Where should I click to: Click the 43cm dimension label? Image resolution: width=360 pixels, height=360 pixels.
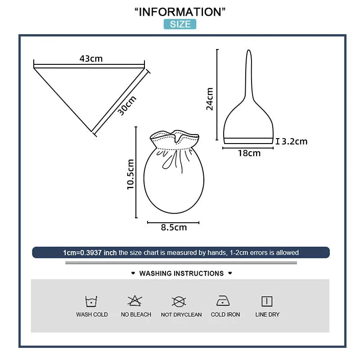pyautogui.click(x=91, y=59)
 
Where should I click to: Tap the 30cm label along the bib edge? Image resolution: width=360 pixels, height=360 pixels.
pyautogui.click(x=127, y=105)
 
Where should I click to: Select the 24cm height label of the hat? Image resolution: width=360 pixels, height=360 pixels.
pyautogui.click(x=210, y=99)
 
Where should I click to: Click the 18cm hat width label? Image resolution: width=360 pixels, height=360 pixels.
pyautogui.click(x=249, y=153)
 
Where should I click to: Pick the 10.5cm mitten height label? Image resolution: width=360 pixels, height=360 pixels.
pyautogui.click(x=130, y=174)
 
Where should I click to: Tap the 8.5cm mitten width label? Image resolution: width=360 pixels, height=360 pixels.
pyautogui.click(x=174, y=227)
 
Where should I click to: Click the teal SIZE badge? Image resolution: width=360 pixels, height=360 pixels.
pyautogui.click(x=180, y=24)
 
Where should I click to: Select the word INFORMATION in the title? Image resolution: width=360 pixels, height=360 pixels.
pyautogui.click(x=180, y=12)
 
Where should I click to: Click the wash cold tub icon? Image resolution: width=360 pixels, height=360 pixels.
pyautogui.click(x=91, y=301)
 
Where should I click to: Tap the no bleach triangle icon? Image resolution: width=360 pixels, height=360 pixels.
pyautogui.click(x=135, y=301)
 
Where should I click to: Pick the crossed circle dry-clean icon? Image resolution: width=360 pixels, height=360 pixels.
pyautogui.click(x=179, y=301)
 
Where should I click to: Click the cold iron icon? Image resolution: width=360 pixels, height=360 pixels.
pyautogui.click(x=223, y=301)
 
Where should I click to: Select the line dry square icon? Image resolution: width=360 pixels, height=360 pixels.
pyautogui.click(x=267, y=301)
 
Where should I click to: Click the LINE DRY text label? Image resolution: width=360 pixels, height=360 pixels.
pyautogui.click(x=267, y=314)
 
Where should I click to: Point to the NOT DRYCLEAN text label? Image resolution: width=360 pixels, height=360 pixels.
pyautogui.click(x=181, y=315)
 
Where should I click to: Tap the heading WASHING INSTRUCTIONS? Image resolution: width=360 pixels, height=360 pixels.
pyautogui.click(x=181, y=274)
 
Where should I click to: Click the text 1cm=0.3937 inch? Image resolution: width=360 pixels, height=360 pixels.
pyautogui.click(x=90, y=253)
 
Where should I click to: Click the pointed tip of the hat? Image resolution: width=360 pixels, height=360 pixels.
pyautogui.click(x=249, y=50)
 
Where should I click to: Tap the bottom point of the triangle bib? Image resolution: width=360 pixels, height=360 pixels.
pyautogui.click(x=91, y=132)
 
